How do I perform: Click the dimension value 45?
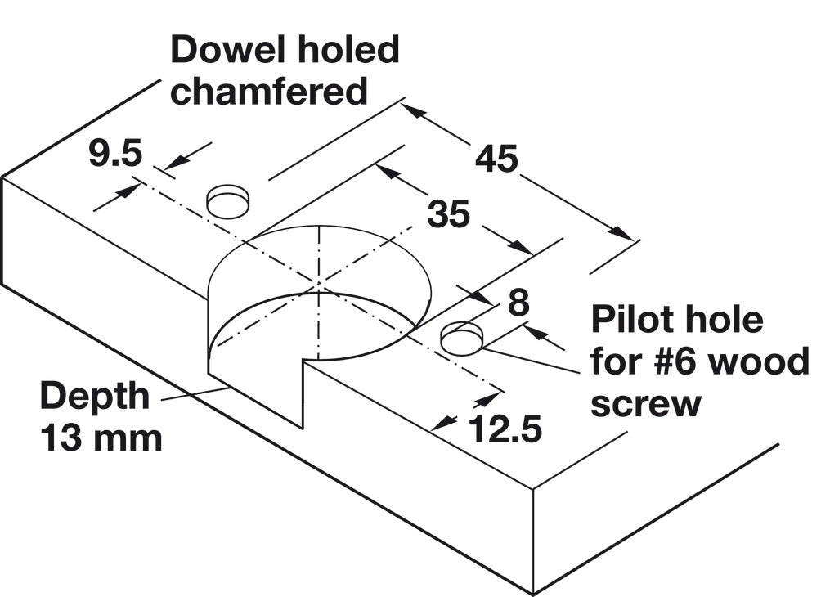(497, 159)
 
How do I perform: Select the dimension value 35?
(449, 215)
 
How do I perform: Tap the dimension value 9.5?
(115, 154)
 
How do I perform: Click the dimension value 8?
(518, 303)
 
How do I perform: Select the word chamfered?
(269, 91)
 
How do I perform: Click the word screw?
(645, 403)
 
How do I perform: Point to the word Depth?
(96, 398)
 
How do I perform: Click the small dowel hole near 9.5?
(227, 201)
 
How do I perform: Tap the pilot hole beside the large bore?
(462, 339)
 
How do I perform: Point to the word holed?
(343, 51)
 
